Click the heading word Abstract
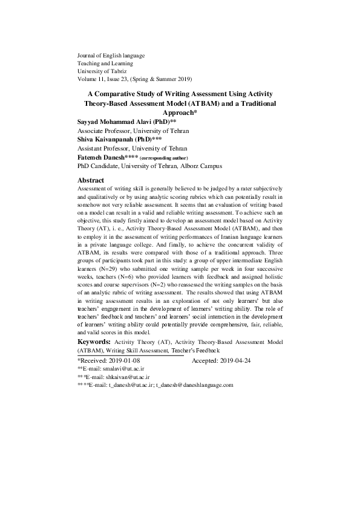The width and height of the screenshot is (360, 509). pos(91,180)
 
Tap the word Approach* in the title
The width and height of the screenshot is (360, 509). pos(180,112)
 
